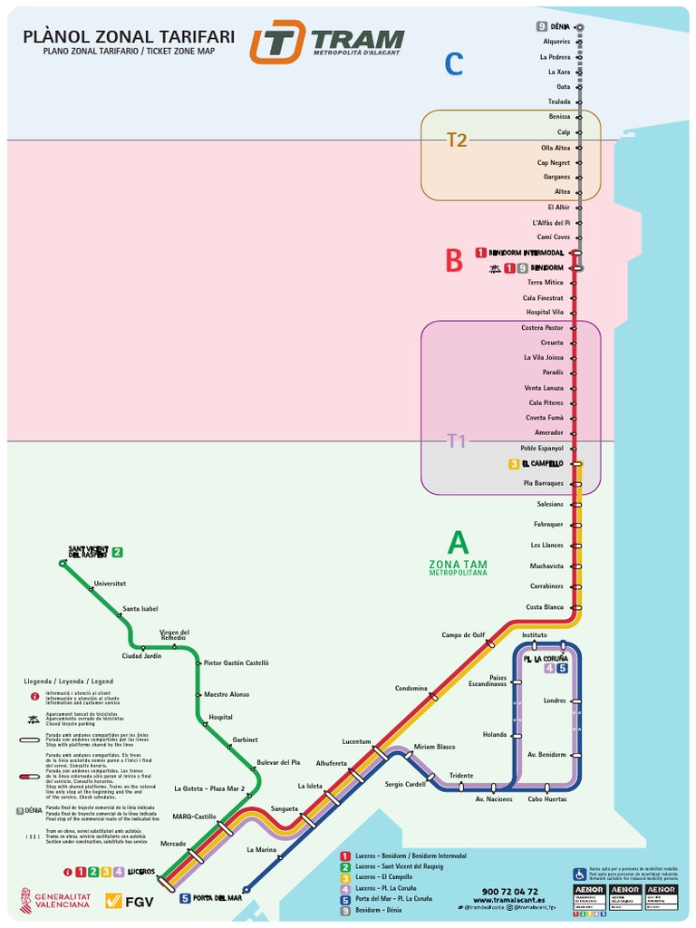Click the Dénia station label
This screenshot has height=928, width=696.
pos(560,26)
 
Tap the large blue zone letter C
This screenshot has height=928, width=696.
pos(454,64)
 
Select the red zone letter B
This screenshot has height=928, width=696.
pos(454,261)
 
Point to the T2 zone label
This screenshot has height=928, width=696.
pos(457,140)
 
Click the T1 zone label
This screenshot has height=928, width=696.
pos(457,441)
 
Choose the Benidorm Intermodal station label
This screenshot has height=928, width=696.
pos(527,252)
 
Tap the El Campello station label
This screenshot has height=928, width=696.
pos(542,464)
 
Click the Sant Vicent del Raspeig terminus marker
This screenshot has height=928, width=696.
pos(63,564)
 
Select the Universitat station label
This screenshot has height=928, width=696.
pos(110,583)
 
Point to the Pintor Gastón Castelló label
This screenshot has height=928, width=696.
pos(237,662)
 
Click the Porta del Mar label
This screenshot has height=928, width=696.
pos(217,898)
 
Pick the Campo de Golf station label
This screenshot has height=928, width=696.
pos(463,634)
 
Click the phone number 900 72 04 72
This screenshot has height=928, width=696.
pos(509,892)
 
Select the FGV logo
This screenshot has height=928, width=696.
pos(128,900)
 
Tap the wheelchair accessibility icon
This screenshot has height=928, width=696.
pos(579,875)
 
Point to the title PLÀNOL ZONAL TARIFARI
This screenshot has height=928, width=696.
pos(128,36)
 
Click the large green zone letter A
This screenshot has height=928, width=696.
pos(459,543)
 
